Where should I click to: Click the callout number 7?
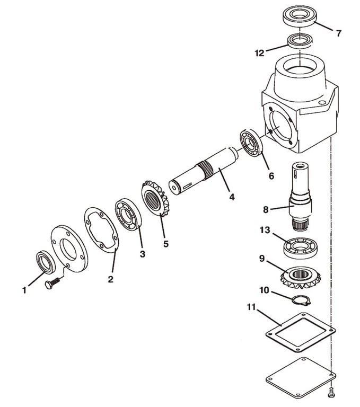338,32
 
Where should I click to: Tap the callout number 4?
231,197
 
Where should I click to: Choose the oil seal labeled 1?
44,261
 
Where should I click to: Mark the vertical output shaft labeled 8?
300,199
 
